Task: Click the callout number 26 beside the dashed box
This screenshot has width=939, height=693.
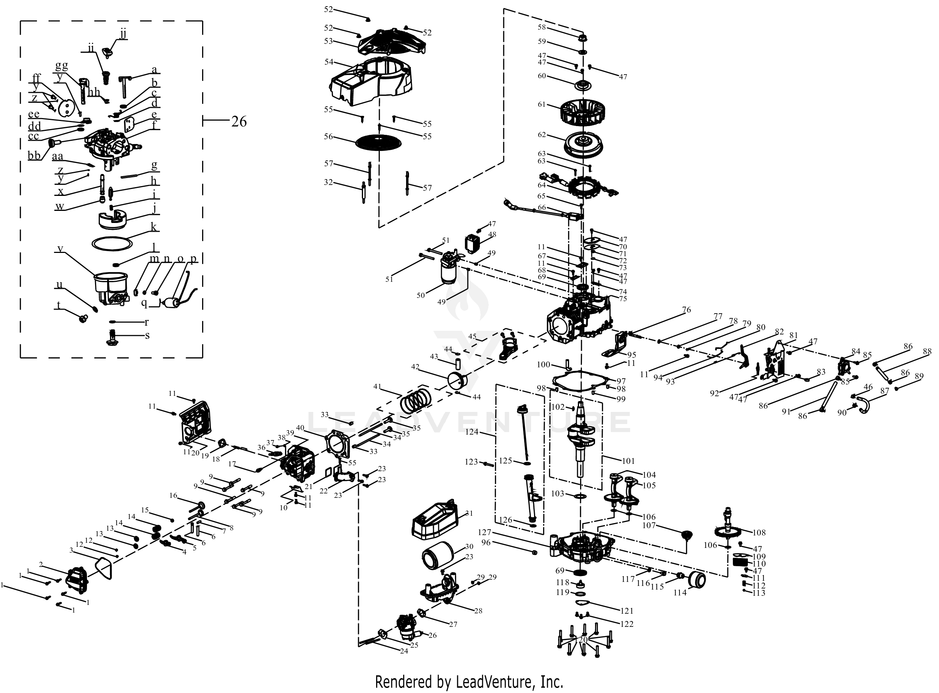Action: click(239, 122)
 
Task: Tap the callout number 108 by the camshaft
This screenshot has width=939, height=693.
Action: click(759, 533)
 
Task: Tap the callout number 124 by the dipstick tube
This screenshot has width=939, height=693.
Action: click(472, 432)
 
